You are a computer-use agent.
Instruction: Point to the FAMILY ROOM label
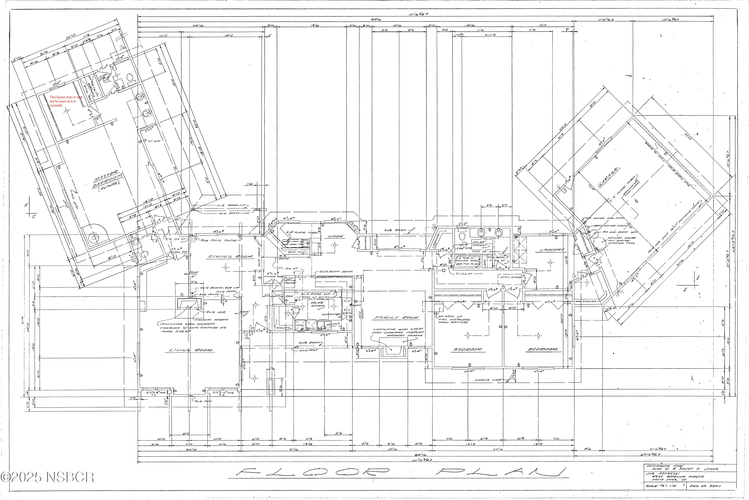pyautogui.click(x=396, y=317)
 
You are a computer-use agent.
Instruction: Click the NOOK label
pyautogui.click(x=335, y=236)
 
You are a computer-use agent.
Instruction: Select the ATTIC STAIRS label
pyautogui.click(x=511, y=277)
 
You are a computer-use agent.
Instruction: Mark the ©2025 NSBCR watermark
pyautogui.click(x=47, y=477)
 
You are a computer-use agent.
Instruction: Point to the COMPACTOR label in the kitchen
pyautogui.click(x=331, y=314)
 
